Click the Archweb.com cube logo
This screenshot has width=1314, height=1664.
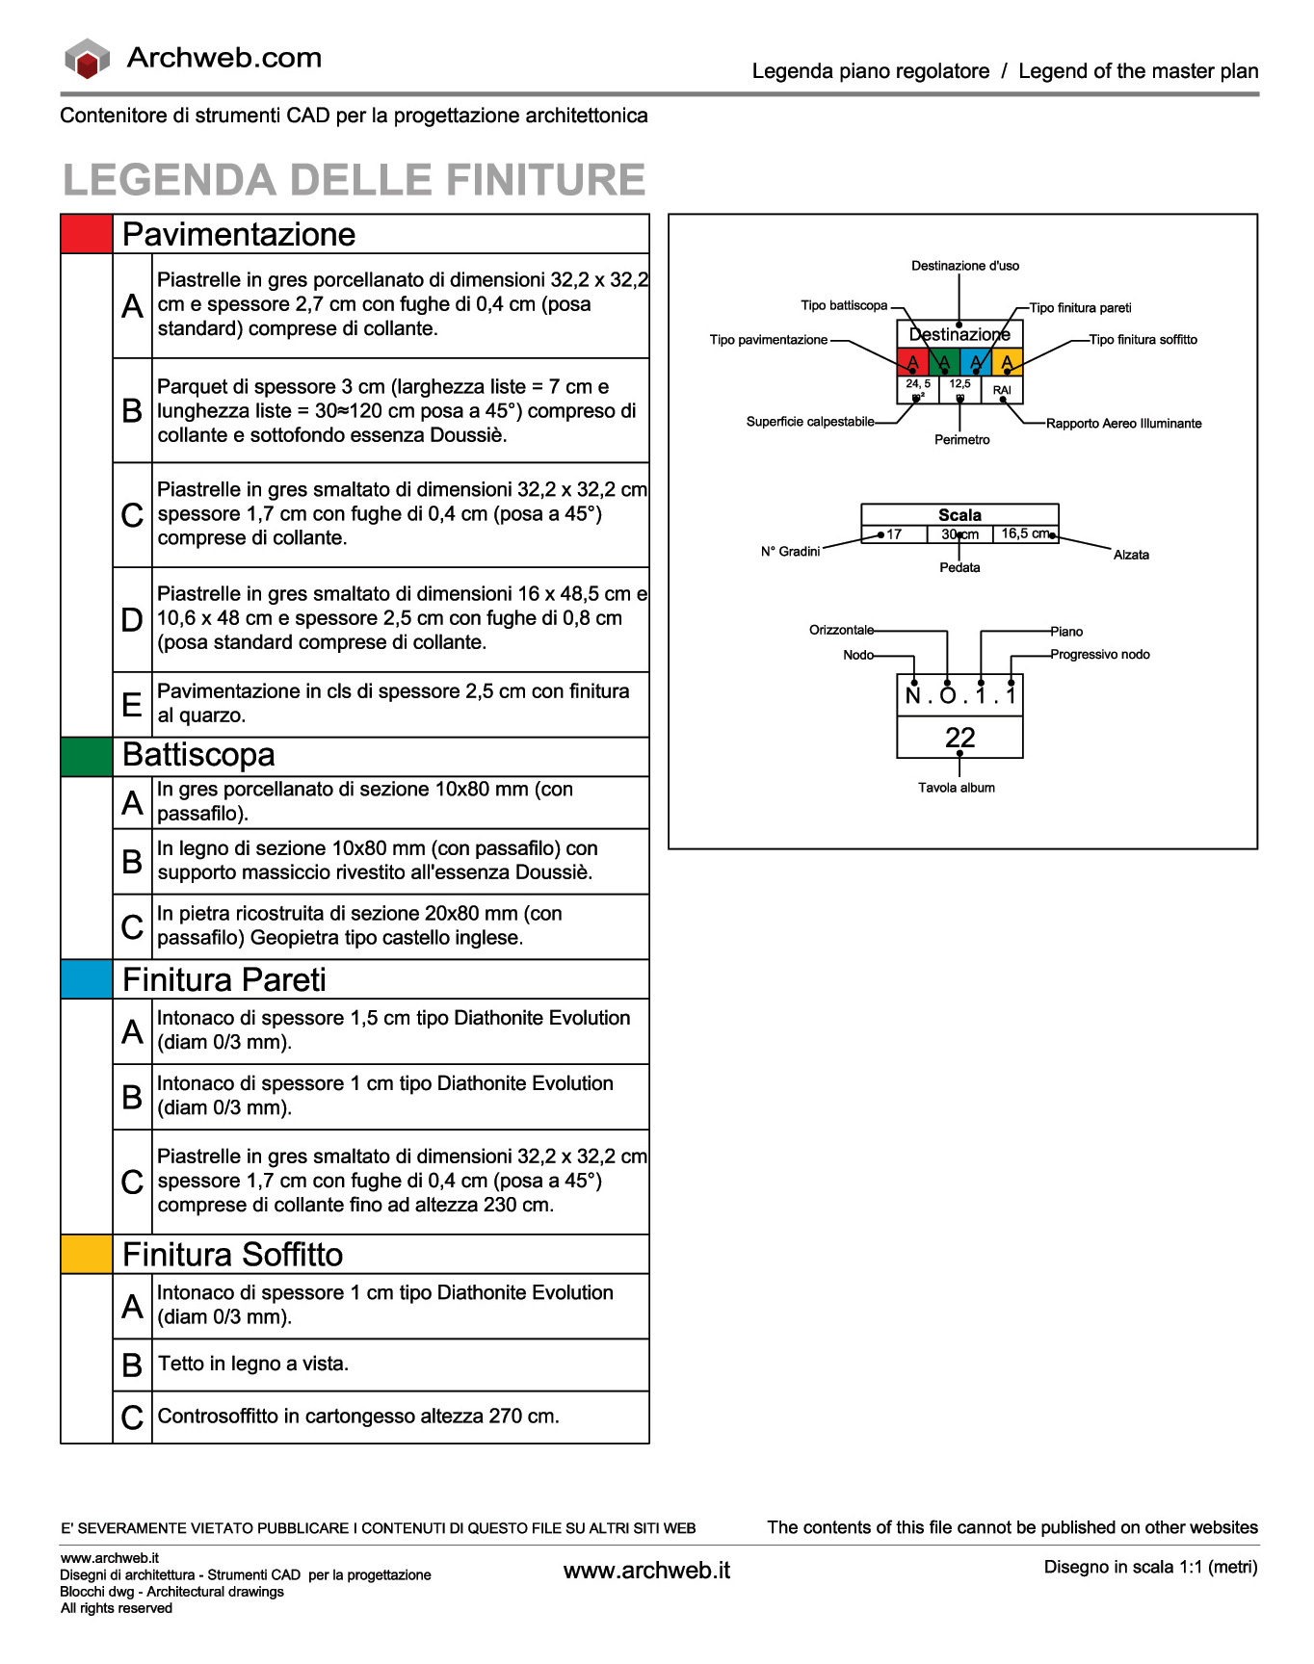tap(87, 59)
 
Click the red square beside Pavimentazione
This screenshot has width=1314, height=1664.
tap(87, 234)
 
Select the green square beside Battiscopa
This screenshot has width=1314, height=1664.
tap(87, 756)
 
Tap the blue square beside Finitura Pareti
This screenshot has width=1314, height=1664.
tap(87, 979)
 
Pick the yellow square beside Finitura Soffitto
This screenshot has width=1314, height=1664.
tap(87, 1254)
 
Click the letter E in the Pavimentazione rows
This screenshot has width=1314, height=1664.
tap(132, 705)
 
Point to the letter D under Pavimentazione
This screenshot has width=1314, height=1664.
tap(132, 619)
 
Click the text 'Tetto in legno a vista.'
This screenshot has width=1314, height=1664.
tap(253, 1364)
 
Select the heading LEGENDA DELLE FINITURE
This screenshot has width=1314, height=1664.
tap(354, 180)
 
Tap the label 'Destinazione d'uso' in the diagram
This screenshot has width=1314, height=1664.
tap(964, 266)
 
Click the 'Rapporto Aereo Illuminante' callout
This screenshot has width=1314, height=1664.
tap(1123, 424)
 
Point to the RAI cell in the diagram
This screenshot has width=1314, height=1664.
tap(1002, 390)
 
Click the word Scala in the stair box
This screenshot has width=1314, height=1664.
tap(959, 515)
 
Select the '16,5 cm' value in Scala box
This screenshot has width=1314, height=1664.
tap(1025, 533)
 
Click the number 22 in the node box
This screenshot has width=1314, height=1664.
tap(959, 738)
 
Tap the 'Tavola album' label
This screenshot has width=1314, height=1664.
tap(956, 788)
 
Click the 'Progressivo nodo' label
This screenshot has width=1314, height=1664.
tap(1099, 655)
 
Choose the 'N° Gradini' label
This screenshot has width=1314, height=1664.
tap(790, 552)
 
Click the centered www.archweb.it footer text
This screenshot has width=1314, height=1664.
tap(646, 1571)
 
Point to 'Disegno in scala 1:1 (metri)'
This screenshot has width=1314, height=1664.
tap(1150, 1567)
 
